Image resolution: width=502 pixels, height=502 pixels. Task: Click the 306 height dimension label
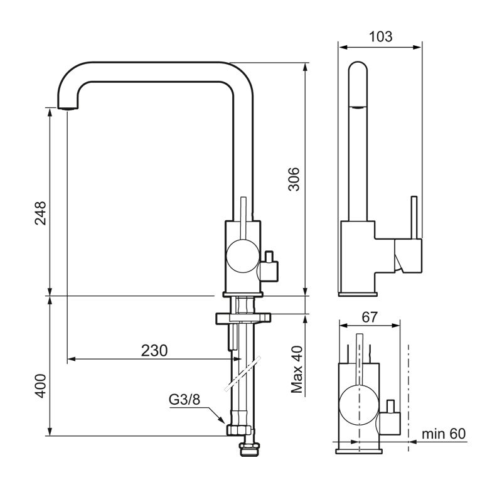point(294,179)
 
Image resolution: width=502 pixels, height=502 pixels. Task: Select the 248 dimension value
point(40,213)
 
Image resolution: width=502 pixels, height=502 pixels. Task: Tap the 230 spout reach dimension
point(154,351)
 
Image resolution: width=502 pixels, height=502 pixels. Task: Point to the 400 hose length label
point(40,386)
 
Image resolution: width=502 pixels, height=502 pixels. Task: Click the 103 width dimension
point(380,36)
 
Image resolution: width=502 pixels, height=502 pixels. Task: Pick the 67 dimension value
point(370,317)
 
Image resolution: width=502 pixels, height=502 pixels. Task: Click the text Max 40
point(296,369)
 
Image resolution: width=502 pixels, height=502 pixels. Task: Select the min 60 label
point(444,434)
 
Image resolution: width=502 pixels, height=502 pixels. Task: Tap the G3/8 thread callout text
point(184,400)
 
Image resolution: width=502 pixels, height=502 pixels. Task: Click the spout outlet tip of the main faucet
point(68,108)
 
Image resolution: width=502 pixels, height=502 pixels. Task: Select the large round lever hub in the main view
point(242,256)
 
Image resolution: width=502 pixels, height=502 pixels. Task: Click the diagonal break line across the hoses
point(242,373)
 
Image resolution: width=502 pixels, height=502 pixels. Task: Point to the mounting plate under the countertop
point(243,318)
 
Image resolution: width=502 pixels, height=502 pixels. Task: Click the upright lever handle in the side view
point(414,218)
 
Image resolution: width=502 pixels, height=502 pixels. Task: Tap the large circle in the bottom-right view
point(359,405)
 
